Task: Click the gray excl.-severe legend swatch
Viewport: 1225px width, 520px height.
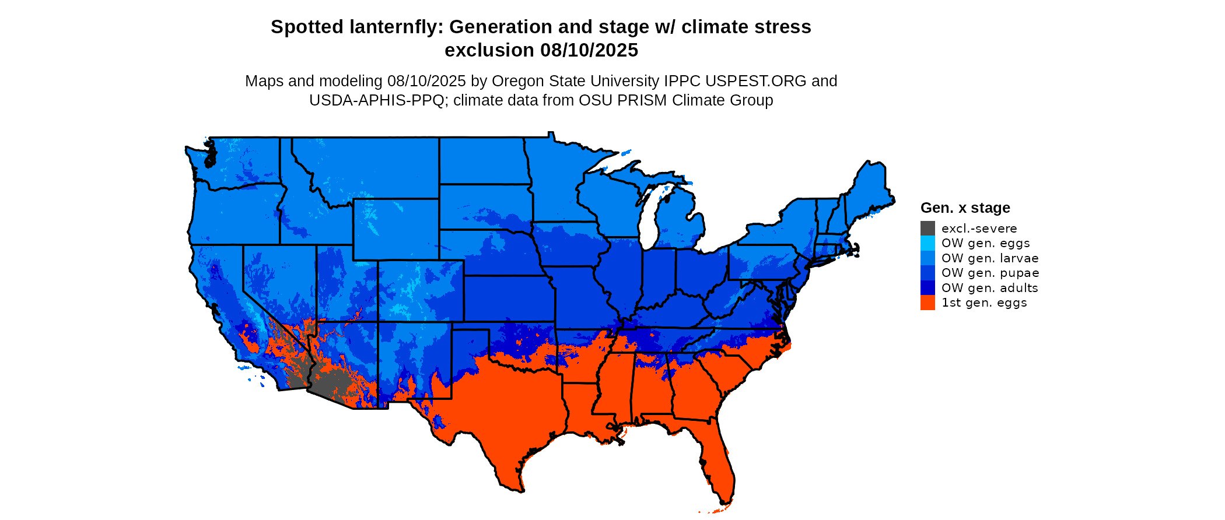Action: pos(928,228)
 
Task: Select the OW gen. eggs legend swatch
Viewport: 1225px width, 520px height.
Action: pos(928,243)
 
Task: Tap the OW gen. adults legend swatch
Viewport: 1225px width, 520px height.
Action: pos(928,287)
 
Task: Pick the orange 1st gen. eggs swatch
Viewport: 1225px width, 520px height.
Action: pos(928,303)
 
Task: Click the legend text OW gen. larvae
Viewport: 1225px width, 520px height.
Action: pos(990,258)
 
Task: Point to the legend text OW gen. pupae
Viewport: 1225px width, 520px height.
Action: pos(990,273)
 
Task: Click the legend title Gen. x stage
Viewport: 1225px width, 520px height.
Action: pos(965,208)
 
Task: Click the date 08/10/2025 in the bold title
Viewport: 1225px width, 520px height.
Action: pos(589,50)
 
